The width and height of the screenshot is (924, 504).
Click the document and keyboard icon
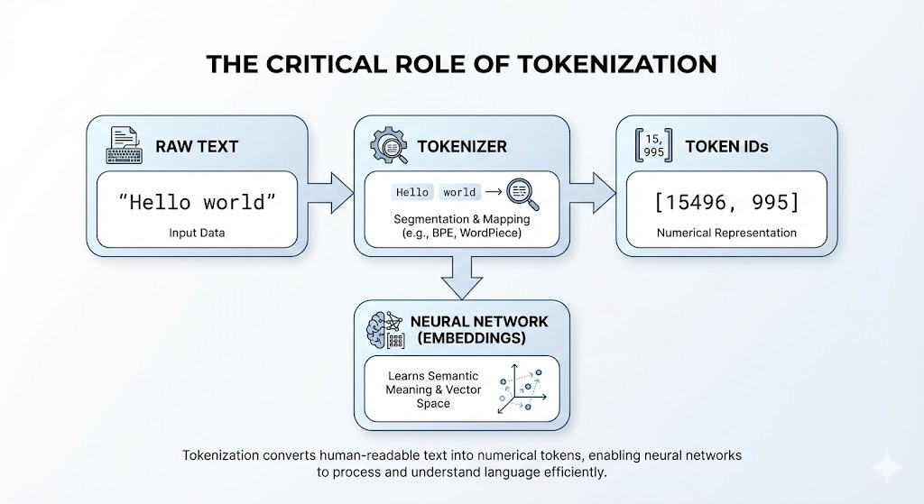pyautogui.click(x=124, y=144)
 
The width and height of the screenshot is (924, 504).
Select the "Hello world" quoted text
pyautogui.click(x=196, y=201)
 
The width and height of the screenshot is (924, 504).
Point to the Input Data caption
pyautogui.click(x=196, y=233)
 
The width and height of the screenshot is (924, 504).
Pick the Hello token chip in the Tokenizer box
pyautogui.click(x=411, y=192)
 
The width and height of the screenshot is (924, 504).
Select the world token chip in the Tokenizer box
pyautogui.click(x=459, y=192)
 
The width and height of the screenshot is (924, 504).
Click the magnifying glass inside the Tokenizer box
pyautogui.click(x=522, y=193)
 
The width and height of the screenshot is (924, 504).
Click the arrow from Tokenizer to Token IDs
pyautogui.click(x=593, y=191)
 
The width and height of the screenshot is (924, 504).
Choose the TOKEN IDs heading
pyautogui.click(x=726, y=146)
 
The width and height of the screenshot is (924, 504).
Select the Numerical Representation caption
pyautogui.click(x=726, y=233)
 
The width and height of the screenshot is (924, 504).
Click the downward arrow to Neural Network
pyautogui.click(x=461, y=274)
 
